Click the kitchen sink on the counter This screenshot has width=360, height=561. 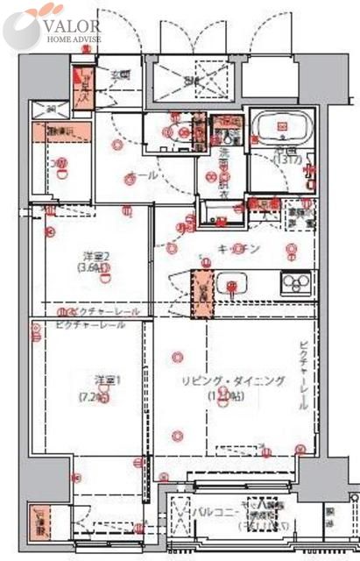click(234, 284)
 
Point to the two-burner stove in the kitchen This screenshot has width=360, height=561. click(296, 283)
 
